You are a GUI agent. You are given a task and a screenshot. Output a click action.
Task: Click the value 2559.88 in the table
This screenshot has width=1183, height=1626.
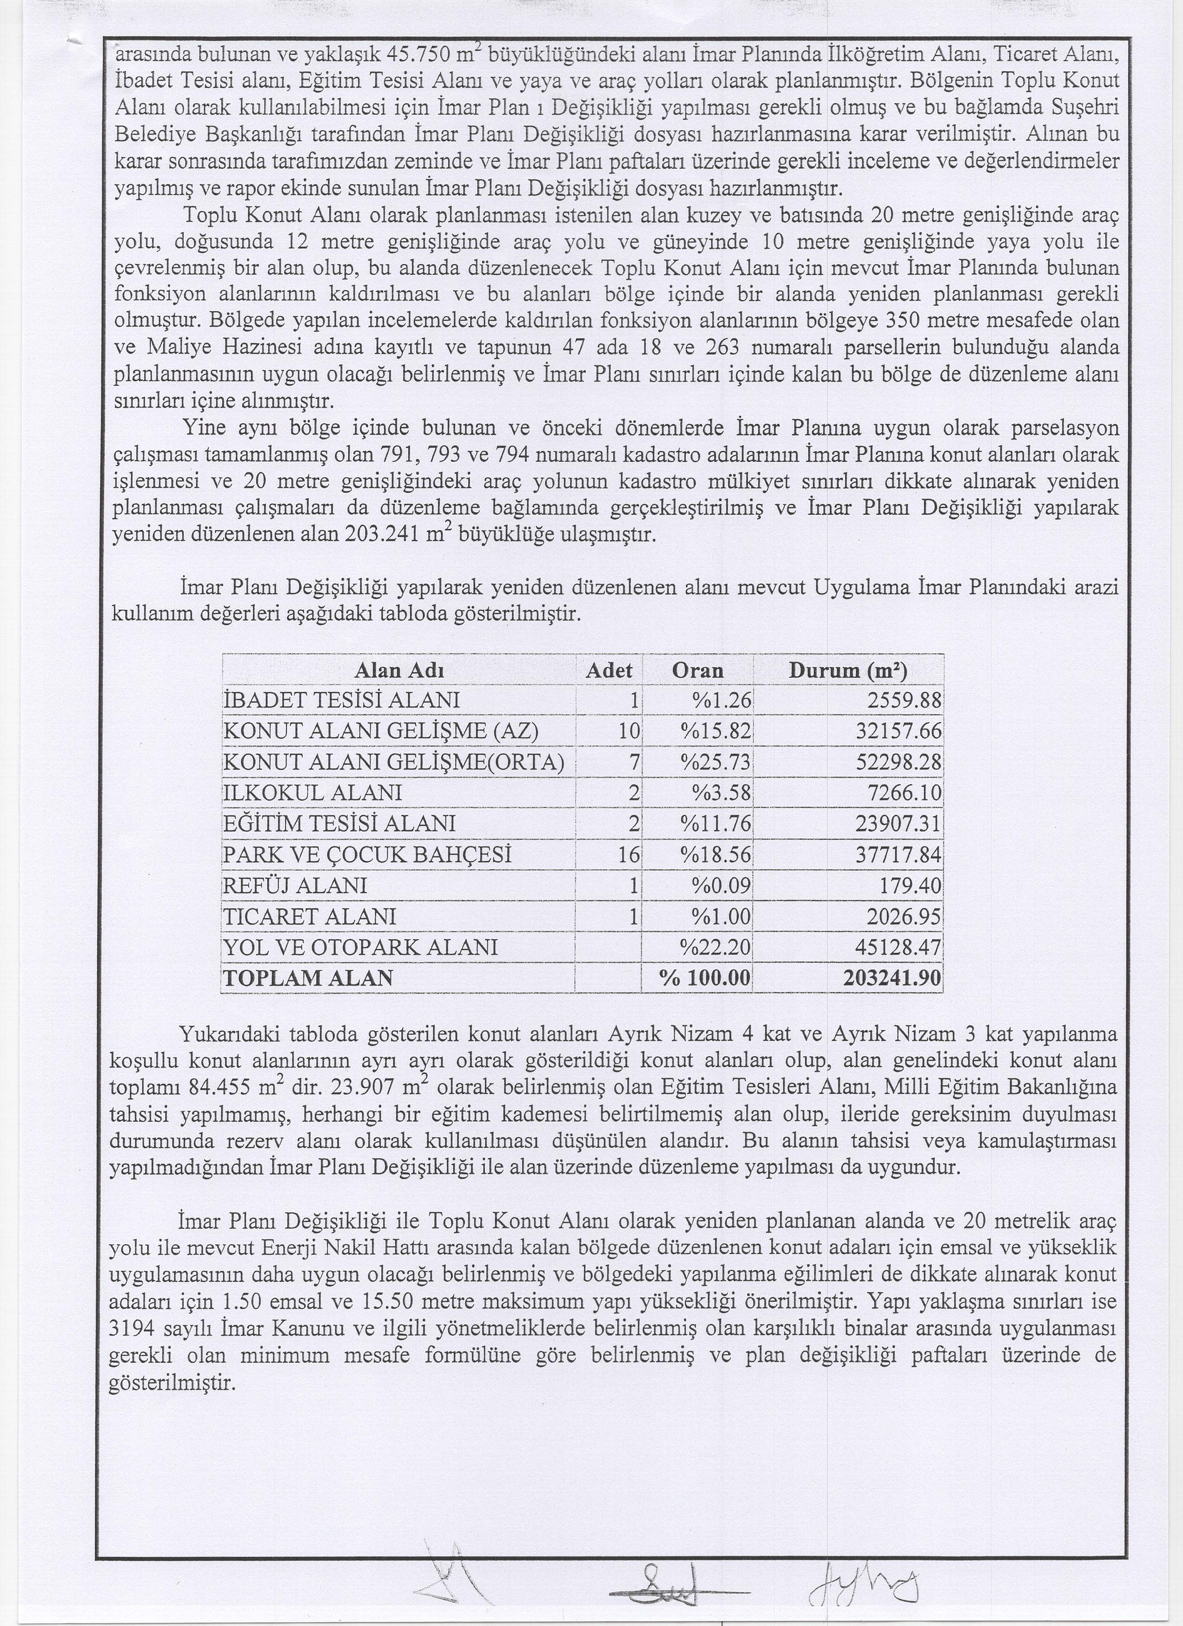pyautogui.click(x=904, y=700)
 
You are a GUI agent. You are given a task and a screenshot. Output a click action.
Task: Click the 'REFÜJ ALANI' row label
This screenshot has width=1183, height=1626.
pyautogui.click(x=295, y=886)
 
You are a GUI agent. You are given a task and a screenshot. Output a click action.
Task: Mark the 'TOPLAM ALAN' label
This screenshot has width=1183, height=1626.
pyautogui.click(x=308, y=978)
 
